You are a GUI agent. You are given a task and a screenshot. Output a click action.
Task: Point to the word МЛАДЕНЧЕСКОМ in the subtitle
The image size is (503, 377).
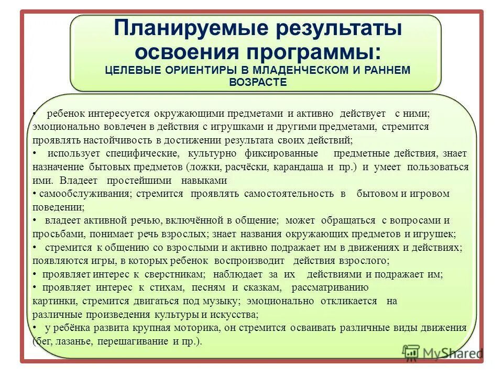[301, 70]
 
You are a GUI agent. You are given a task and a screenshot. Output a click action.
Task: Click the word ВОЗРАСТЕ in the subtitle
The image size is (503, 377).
[258, 82]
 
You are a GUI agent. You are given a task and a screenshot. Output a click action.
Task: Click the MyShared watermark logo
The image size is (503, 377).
[443, 353]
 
